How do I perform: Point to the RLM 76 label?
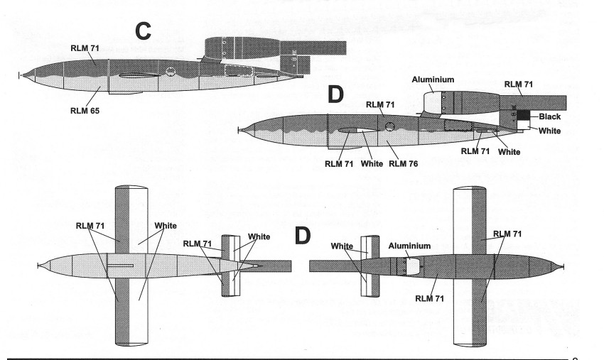point(403,164)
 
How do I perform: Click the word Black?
point(549,116)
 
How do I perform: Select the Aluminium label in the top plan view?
point(409,246)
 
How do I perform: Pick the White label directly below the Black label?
point(549,131)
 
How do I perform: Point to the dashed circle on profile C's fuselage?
point(170,72)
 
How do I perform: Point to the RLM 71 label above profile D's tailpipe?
point(519,84)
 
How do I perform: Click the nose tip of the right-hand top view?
point(563,266)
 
